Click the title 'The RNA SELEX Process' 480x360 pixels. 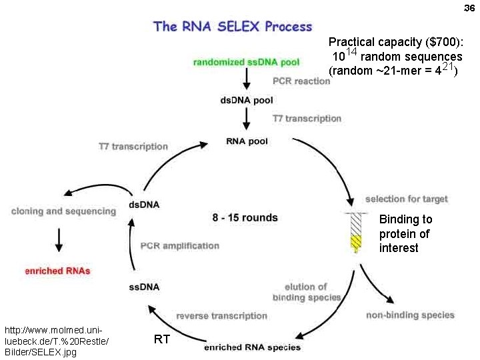click(x=233, y=27)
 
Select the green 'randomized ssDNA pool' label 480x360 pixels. click(x=246, y=62)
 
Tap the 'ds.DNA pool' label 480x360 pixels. click(x=246, y=101)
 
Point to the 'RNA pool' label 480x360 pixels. click(x=248, y=141)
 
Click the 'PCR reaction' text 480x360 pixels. click(x=301, y=81)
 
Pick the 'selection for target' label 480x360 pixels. click(x=406, y=199)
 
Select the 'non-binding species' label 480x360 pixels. click(x=410, y=315)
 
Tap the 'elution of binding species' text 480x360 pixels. click(x=307, y=292)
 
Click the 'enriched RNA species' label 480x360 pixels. click(x=252, y=347)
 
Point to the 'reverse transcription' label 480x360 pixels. click(x=221, y=315)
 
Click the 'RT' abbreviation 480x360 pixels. click(x=161, y=339)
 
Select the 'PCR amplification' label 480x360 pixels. click(x=179, y=245)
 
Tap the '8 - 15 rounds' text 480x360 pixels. click(x=245, y=217)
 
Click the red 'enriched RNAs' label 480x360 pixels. click(x=57, y=271)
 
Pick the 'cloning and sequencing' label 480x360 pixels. click(x=63, y=211)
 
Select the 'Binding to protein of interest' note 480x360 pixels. click(x=405, y=233)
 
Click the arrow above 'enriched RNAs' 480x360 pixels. click(x=59, y=240)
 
